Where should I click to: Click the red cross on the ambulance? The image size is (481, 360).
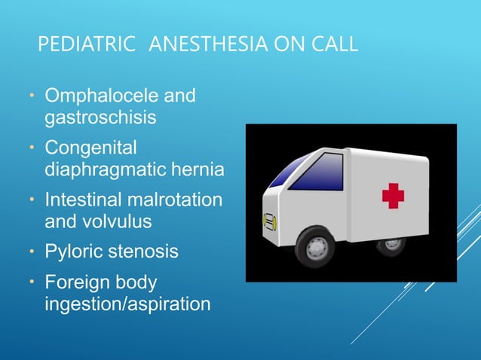click(x=393, y=196)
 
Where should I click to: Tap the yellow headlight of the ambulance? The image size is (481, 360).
click(x=267, y=221)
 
